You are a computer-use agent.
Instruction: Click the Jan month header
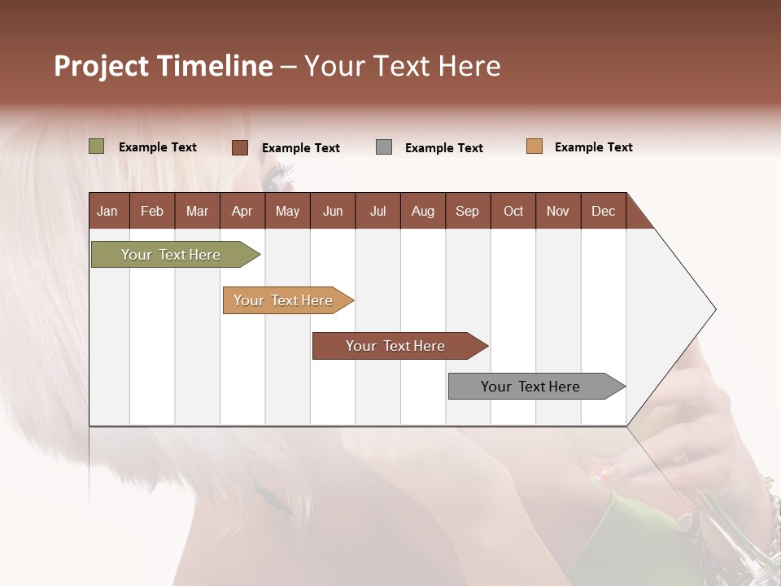[107, 211]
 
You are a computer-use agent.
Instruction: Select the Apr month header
[242, 211]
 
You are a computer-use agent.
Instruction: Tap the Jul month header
[377, 211]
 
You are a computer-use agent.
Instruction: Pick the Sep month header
[467, 211]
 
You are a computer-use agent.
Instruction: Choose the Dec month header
[603, 211]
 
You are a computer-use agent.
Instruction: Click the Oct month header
[513, 211]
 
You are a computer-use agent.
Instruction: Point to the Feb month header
[152, 211]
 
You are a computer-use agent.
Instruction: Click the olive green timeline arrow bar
[171, 255]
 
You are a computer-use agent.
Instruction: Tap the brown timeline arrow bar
[395, 346]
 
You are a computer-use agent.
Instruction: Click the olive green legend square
[96, 146]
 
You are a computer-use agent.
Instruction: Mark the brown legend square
[239, 147]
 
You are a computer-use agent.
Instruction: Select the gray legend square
[384, 147]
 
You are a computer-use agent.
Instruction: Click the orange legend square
[534, 146]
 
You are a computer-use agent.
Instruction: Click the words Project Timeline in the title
[163, 66]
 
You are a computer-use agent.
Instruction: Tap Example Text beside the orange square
[593, 147]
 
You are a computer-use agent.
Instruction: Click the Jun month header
[333, 211]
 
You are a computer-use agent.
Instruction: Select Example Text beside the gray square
[443, 148]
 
